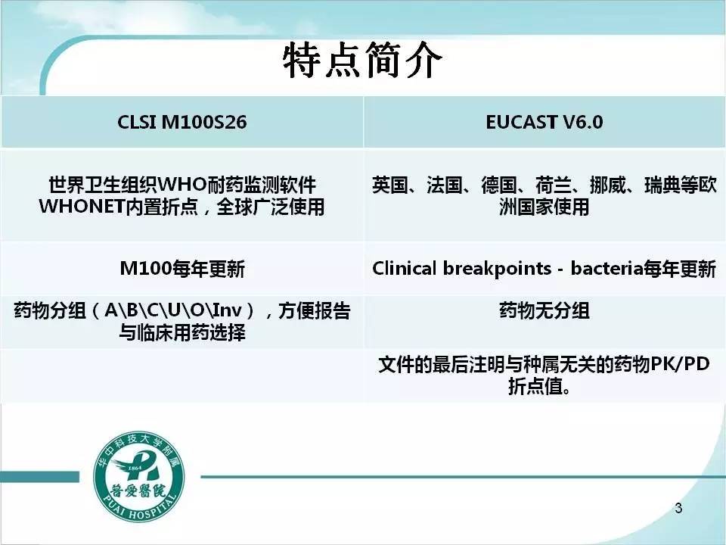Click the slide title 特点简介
pos(362,61)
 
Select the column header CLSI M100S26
pos(182,123)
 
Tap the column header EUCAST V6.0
pos(544,123)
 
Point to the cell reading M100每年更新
pos(182,269)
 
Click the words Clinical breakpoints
pos(461,269)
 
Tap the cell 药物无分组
pos(544,310)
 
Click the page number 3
pos(678,508)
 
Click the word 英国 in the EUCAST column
pos(390,185)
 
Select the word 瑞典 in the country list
pos(662,185)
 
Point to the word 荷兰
pos(554,185)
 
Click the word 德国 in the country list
pos(498,185)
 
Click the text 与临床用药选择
pos(182,332)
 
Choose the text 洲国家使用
pos(544,207)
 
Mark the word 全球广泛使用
pos(271,207)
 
